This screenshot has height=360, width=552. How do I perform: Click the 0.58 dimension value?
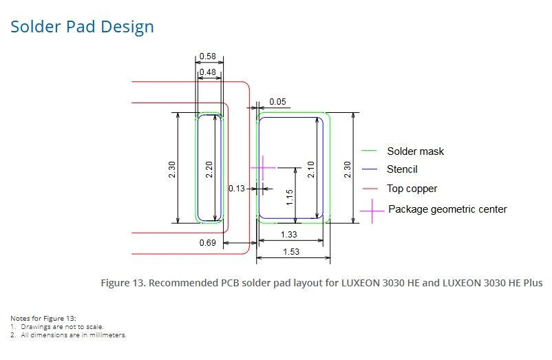click(207, 56)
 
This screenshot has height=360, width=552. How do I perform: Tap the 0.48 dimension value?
click(207, 72)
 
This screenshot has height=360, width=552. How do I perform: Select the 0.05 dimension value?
click(277, 102)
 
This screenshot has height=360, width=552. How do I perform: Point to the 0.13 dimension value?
click(237, 189)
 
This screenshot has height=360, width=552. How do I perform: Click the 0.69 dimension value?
click(207, 243)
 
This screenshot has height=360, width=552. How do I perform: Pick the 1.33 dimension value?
click(288, 234)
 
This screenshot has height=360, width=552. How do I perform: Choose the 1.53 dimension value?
click(291, 252)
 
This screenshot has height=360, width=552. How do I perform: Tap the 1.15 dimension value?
click(289, 198)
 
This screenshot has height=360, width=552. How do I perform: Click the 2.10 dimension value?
click(310, 169)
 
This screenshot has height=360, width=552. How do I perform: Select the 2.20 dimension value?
click(209, 169)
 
